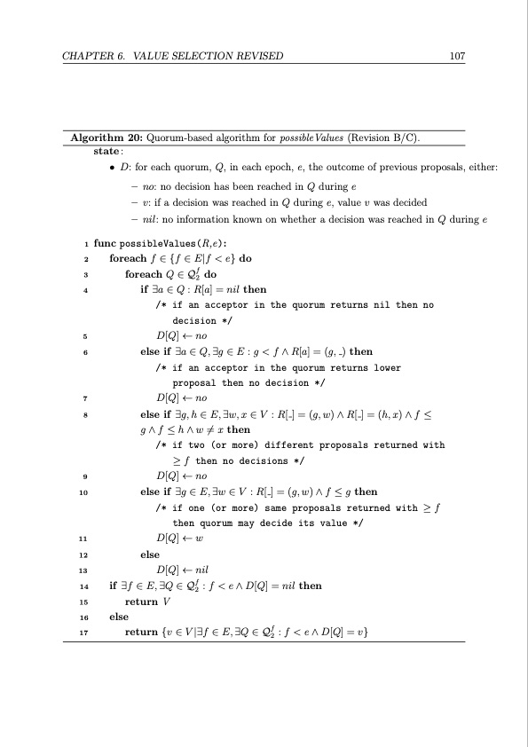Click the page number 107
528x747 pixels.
click(x=458, y=56)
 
